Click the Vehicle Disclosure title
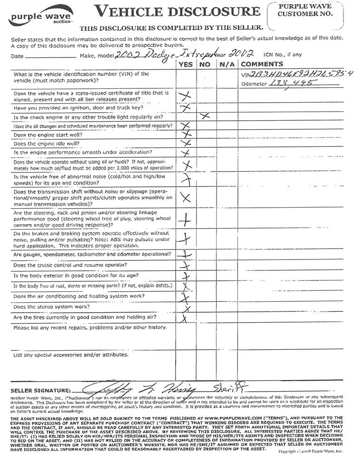click(x=178, y=11)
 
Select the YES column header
click(x=186, y=64)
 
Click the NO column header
click(x=205, y=64)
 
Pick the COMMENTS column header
click(x=262, y=64)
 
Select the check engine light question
click(x=89, y=117)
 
